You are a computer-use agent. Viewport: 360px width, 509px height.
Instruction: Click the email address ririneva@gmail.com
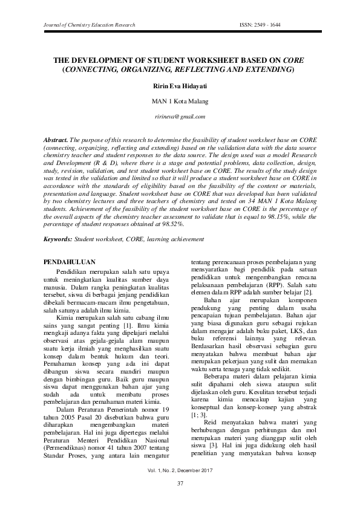pos(180,116)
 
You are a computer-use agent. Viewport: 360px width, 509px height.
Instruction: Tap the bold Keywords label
pos(58,239)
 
